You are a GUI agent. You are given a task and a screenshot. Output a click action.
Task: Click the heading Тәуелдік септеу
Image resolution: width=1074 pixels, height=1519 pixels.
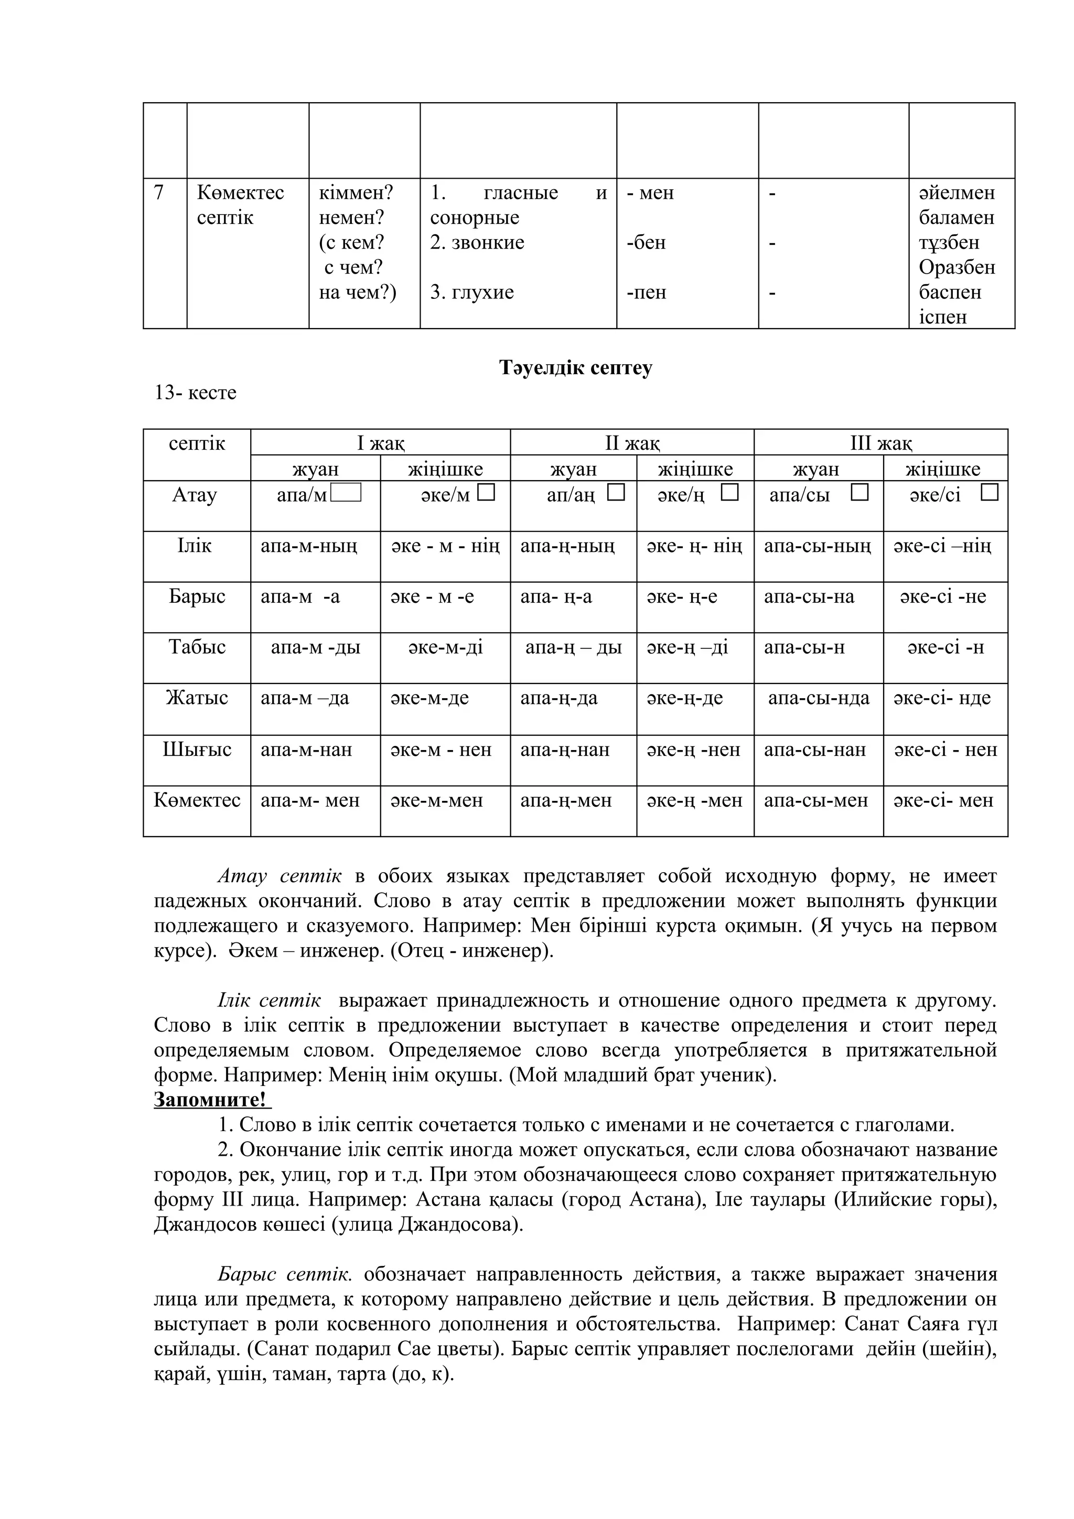click(x=575, y=368)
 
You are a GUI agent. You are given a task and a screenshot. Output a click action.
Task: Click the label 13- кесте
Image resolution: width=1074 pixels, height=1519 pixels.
click(x=195, y=393)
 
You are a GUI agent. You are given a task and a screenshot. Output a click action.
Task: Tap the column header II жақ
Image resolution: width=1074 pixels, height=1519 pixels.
click(x=632, y=442)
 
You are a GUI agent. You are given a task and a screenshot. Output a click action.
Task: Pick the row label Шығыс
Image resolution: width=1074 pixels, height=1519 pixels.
click(x=197, y=749)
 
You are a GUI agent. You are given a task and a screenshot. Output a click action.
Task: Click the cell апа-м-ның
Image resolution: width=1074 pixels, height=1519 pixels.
click(x=309, y=547)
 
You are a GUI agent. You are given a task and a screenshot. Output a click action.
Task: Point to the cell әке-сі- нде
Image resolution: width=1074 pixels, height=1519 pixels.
click(x=942, y=698)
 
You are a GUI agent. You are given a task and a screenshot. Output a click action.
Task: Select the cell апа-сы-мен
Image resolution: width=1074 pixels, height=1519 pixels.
click(x=815, y=800)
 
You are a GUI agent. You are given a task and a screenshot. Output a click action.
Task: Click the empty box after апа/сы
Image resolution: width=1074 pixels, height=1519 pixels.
click(x=859, y=493)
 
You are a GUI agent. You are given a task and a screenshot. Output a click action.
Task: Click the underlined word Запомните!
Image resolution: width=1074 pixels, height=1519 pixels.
click(x=212, y=1100)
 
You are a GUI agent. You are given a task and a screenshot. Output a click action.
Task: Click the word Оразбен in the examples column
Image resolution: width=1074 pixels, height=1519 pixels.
click(x=956, y=268)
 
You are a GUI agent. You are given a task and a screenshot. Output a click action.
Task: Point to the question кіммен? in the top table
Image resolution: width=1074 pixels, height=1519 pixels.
click(x=356, y=193)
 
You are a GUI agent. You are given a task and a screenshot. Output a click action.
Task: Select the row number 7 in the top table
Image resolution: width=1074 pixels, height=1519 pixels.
click(x=159, y=193)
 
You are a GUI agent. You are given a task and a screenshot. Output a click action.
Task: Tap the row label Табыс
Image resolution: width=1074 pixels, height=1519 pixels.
click(x=197, y=646)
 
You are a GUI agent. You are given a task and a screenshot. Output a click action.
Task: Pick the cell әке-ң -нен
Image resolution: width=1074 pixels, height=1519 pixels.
click(x=693, y=750)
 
